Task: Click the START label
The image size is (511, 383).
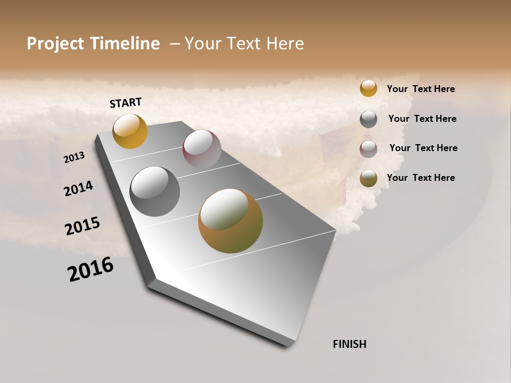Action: point(126,103)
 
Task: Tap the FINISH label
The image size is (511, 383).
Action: point(350,344)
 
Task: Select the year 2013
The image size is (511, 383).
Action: point(75,157)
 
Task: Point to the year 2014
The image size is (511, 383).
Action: point(79,189)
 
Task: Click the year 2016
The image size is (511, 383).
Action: point(90,269)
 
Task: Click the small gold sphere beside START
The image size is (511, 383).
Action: point(130,131)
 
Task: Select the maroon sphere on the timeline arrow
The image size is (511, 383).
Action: point(202,149)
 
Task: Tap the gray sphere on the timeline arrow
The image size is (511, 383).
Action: point(154,191)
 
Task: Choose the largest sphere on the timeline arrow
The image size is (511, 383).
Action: point(230,221)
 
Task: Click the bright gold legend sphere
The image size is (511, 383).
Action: point(368,88)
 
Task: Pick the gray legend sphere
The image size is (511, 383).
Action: point(368,119)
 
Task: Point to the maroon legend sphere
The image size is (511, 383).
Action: point(368,149)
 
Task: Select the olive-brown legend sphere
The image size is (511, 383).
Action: point(368,179)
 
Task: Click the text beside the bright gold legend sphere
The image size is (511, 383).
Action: point(421,89)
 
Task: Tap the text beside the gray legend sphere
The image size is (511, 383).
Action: point(422,119)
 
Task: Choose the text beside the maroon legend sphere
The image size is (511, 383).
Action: point(423,148)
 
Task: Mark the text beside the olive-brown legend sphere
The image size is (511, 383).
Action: point(421,178)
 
